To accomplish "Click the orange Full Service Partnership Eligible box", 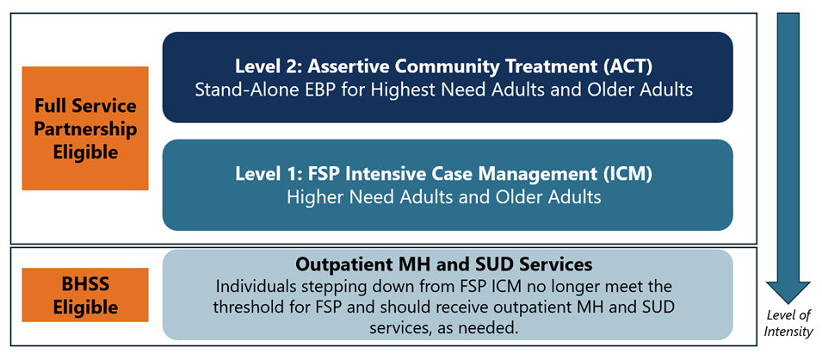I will pos(85,128).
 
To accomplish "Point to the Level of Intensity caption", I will pos(788,322).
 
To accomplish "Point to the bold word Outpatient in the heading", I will pos(343,264).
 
